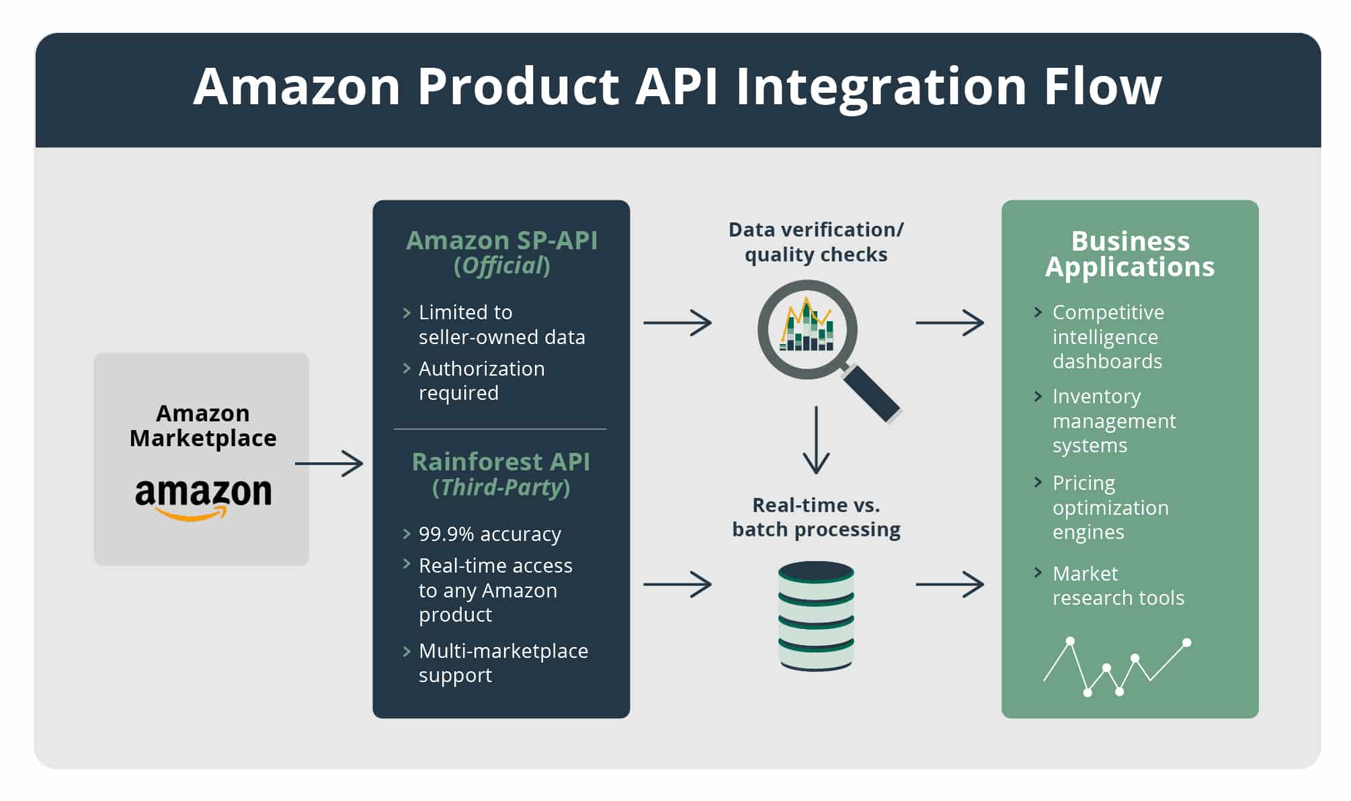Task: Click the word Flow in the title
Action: coord(1102,87)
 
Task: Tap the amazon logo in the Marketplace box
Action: coord(203,497)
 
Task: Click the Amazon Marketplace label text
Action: coord(202,425)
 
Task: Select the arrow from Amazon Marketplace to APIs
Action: coord(329,464)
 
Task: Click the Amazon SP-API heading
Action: coord(501,241)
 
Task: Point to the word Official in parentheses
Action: coord(502,266)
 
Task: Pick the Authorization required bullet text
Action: coord(481,380)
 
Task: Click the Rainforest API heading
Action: coord(501,462)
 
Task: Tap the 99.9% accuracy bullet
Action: coord(489,534)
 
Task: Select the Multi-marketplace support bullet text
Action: coord(503,663)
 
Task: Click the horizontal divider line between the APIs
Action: coord(500,429)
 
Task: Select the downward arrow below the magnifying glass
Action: coord(816,440)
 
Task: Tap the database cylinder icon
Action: coord(816,616)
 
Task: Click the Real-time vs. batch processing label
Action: coord(816,517)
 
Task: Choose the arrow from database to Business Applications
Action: coord(949,585)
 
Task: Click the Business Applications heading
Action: coord(1130,254)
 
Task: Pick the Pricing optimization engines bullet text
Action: coord(1110,507)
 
